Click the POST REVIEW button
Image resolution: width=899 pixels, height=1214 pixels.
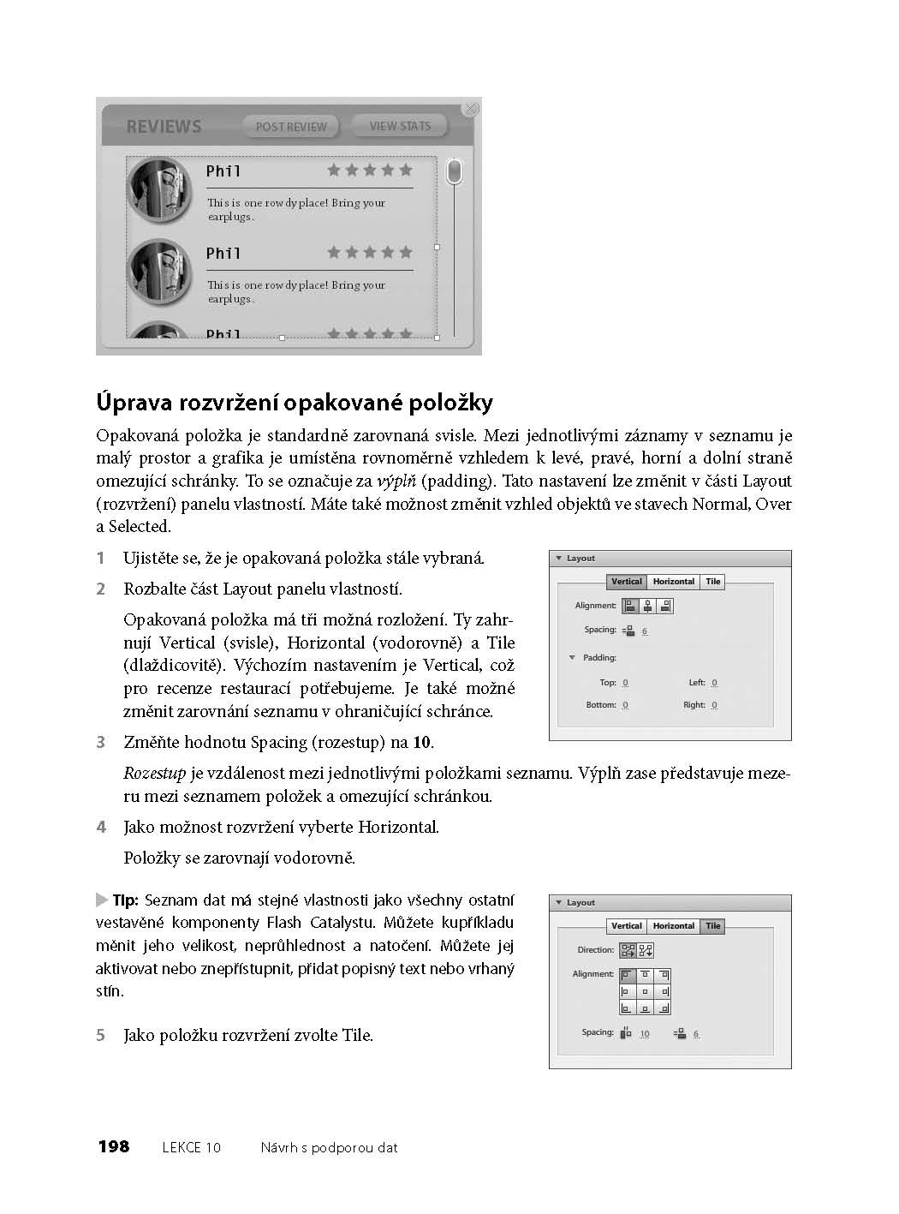(291, 127)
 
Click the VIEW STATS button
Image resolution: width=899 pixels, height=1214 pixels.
(400, 126)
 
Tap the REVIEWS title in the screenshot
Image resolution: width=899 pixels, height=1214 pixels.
(164, 127)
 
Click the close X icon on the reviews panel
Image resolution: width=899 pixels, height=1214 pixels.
(470, 109)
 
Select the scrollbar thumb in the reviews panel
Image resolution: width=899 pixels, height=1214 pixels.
(455, 171)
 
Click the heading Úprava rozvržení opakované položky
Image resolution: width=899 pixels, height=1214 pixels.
(295, 403)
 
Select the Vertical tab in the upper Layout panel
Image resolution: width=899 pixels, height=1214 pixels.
(626, 582)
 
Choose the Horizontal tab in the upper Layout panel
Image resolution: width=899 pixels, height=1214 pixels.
(673, 582)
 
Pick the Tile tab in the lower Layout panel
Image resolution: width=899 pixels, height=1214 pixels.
(713, 926)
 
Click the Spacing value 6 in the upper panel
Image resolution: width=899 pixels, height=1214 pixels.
(645, 631)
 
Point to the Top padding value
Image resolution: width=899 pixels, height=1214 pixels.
(625, 683)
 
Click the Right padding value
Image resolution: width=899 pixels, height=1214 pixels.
(714, 705)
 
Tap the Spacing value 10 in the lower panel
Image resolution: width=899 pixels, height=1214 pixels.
(645, 1034)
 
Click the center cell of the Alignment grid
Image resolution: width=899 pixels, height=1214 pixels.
(646, 991)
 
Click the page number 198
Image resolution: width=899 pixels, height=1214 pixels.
(113, 1147)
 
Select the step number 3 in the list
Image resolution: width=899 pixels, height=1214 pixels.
(101, 743)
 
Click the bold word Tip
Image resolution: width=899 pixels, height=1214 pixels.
(125, 900)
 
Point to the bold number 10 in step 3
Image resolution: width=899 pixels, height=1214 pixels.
(422, 743)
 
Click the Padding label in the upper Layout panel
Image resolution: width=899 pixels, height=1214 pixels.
(599, 658)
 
